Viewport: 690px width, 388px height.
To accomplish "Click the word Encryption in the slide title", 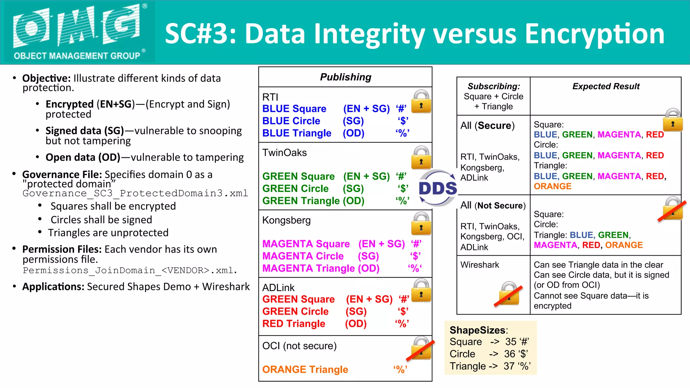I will [594, 34].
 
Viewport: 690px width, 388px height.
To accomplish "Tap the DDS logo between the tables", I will [437, 188].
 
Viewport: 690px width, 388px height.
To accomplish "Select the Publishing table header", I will [345, 77].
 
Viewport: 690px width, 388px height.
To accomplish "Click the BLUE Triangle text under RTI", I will [296, 133].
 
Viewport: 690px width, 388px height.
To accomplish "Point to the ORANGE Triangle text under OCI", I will [305, 369].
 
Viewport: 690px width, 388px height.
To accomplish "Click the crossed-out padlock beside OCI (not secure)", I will [420, 348].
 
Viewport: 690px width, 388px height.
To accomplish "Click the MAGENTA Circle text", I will [303, 256].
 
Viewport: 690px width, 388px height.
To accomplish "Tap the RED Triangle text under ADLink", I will [293, 324].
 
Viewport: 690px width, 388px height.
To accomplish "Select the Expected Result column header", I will [605, 87].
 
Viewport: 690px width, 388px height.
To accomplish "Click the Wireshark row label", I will [479, 265].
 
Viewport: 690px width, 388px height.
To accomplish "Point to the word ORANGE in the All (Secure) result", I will [552, 186].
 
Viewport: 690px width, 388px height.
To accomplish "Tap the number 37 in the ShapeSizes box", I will [509, 366].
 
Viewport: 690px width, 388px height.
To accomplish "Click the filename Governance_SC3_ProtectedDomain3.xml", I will [135, 193].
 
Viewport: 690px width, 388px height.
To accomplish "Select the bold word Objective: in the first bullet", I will [46, 78].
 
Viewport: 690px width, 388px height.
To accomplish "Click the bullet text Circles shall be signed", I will [101, 220].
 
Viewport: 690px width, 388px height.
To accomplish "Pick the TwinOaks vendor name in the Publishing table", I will [284, 153].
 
